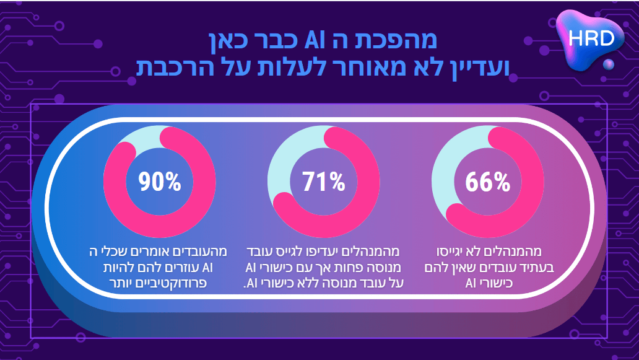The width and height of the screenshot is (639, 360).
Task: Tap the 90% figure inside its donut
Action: [160, 183]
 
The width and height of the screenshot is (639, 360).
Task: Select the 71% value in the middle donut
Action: [323, 183]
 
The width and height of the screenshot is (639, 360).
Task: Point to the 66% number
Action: [487, 183]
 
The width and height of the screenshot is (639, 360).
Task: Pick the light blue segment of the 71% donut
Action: [288, 161]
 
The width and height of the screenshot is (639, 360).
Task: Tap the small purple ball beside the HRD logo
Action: [609, 64]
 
